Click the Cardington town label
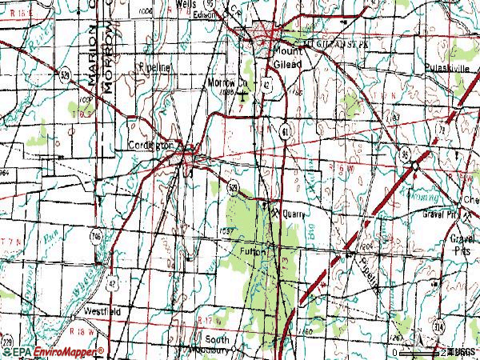(x=150, y=146)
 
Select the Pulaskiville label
(x=446, y=69)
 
